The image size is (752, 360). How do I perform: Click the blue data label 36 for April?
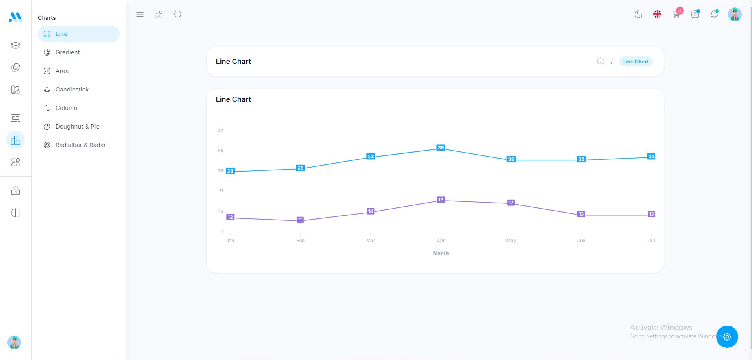tap(441, 148)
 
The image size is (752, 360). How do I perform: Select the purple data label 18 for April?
tap(441, 200)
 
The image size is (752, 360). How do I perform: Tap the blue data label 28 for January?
tap(230, 171)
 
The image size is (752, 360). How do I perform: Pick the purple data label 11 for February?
tap(300, 220)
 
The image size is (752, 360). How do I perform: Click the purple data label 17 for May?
tap(511, 202)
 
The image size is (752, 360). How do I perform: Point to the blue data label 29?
tap(300, 168)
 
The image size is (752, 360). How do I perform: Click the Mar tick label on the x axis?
tap(370, 240)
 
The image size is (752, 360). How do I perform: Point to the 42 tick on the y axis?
tap(220, 131)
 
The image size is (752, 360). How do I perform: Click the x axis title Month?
tap(441, 253)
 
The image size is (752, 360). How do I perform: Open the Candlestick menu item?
tap(72, 90)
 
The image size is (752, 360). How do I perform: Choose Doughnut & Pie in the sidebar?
tap(77, 127)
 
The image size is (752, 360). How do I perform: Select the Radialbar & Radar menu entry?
tap(80, 145)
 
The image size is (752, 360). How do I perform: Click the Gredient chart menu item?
tap(67, 52)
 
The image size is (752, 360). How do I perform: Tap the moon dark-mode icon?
tap(638, 15)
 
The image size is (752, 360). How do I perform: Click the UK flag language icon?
tap(657, 15)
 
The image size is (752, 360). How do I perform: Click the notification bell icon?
tap(714, 15)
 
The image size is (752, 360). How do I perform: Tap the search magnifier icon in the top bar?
tap(178, 15)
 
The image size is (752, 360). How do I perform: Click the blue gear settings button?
tap(727, 337)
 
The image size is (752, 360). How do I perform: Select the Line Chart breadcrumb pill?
tap(635, 62)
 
